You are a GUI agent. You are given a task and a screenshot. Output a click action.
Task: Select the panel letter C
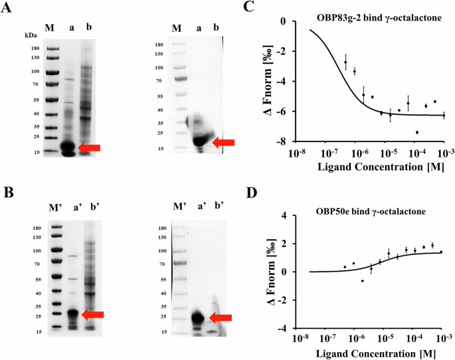point(250,7)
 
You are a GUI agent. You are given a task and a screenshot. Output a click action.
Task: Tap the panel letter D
point(250,194)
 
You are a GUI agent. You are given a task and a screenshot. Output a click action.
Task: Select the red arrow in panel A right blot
point(224,141)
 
